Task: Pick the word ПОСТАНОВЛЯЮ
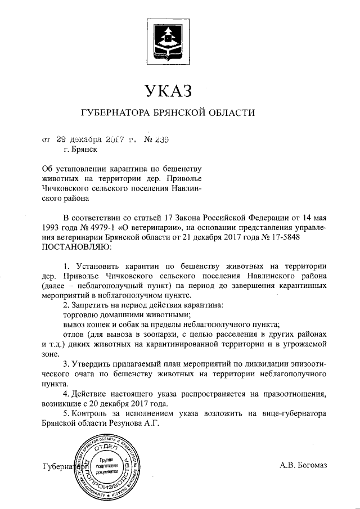77,246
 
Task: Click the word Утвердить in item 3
92,363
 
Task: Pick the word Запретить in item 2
92,304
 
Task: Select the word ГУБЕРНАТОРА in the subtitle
115,112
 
